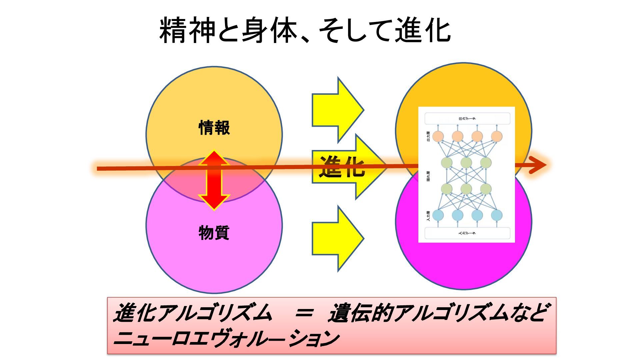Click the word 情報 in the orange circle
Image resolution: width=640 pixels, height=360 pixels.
pyautogui.click(x=214, y=128)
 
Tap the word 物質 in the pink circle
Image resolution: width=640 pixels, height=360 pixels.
pyautogui.click(x=214, y=233)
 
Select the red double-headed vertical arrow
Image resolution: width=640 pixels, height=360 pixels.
pyautogui.click(x=214, y=180)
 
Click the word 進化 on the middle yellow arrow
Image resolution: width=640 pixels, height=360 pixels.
pyautogui.click(x=342, y=166)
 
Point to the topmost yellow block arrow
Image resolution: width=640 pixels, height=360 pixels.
pyautogui.click(x=337, y=110)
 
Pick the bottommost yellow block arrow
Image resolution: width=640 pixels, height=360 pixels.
pyautogui.click(x=337, y=238)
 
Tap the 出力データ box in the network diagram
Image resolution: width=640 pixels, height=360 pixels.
pyautogui.click(x=467, y=118)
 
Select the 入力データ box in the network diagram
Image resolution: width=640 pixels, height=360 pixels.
pyautogui.click(x=467, y=233)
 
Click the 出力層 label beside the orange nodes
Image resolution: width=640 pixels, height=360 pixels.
pyautogui.click(x=428, y=136)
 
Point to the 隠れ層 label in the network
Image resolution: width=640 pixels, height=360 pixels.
pyautogui.click(x=428, y=176)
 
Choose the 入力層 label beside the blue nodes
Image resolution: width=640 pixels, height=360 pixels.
pyautogui.click(x=428, y=215)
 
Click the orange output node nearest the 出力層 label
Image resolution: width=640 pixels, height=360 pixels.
pyautogui.click(x=438, y=136)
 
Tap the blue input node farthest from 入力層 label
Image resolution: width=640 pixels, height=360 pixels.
pyautogui.click(x=497, y=215)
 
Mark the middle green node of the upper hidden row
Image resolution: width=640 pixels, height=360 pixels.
pyautogui.click(x=466, y=163)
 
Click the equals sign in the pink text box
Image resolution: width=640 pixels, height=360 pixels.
pyautogui.click(x=304, y=313)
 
